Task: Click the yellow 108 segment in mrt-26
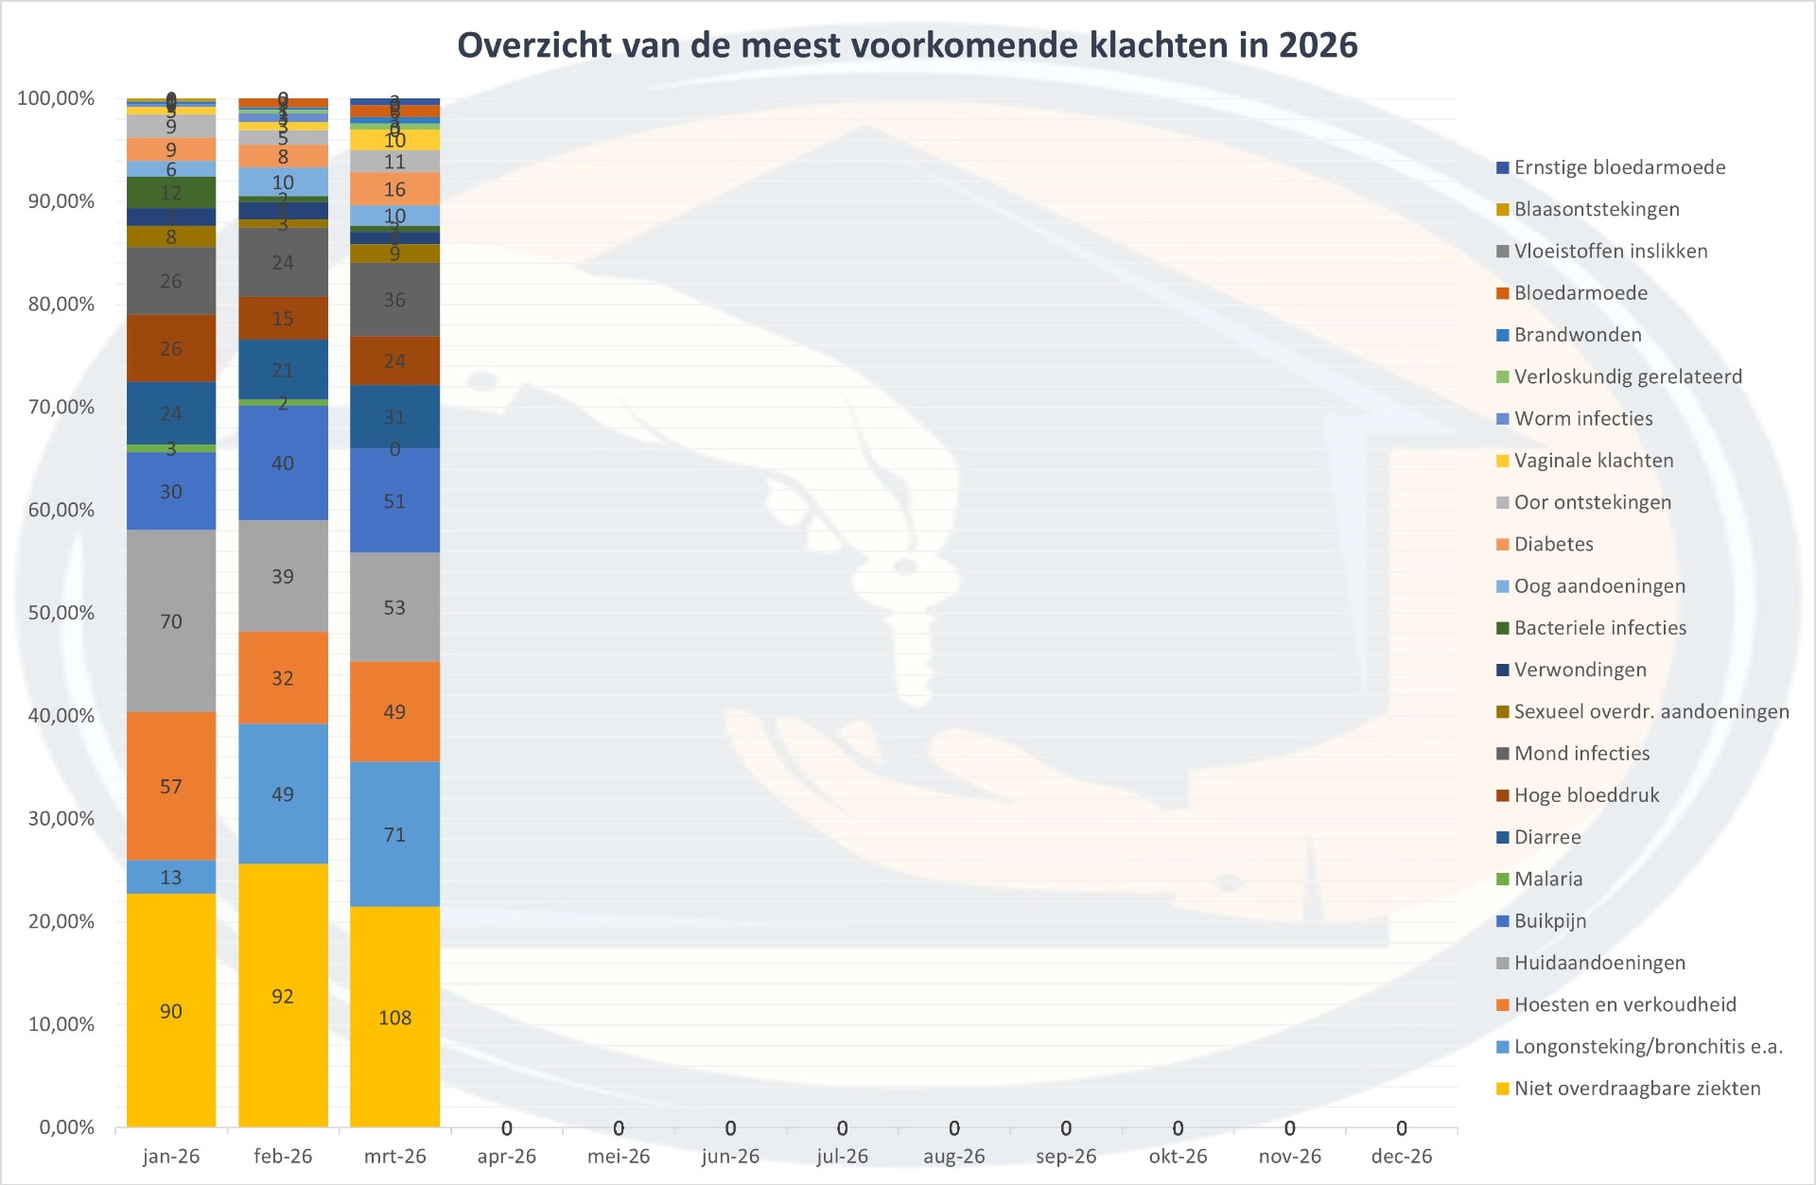[x=394, y=1017]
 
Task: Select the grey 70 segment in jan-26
[x=171, y=620]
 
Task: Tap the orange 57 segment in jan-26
[x=171, y=786]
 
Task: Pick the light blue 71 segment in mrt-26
[x=394, y=834]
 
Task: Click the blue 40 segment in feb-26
[x=283, y=462]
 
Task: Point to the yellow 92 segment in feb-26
[x=283, y=996]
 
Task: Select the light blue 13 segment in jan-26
[x=171, y=877]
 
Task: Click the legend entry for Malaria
[x=1547, y=879]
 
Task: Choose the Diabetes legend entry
[x=1553, y=544]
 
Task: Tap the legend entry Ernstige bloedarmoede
[x=1618, y=167]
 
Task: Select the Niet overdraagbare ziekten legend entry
[x=1636, y=1088]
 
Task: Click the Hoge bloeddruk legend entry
[x=1586, y=794]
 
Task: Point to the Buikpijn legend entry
[x=1549, y=920]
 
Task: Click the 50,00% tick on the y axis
[x=61, y=612]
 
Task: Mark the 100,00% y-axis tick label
[x=57, y=98]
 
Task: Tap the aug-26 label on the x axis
[x=953, y=1156]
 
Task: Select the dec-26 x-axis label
[x=1401, y=1156]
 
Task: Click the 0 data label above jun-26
[x=730, y=1128]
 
